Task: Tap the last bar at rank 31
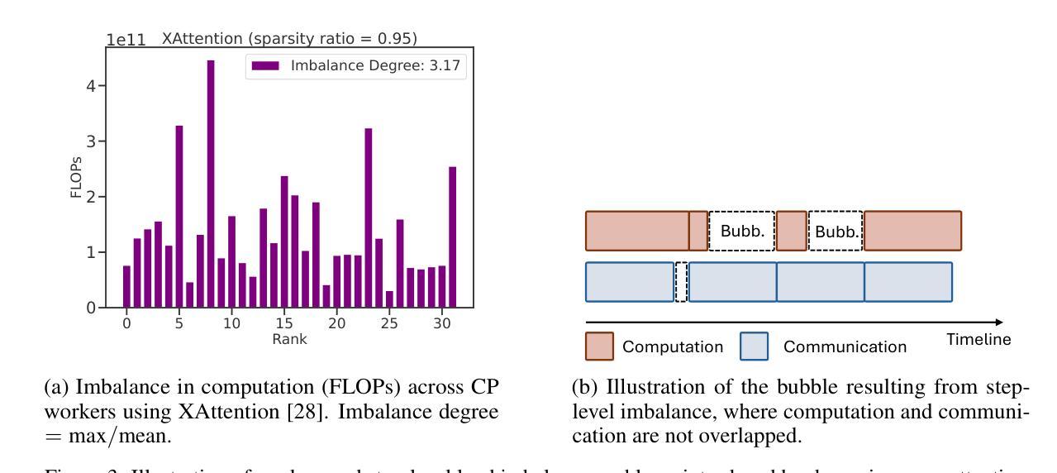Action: pyautogui.click(x=452, y=237)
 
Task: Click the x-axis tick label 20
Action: pyautogui.click(x=336, y=325)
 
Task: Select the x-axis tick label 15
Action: pyautogui.click(x=283, y=325)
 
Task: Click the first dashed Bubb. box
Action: pyautogui.click(x=741, y=231)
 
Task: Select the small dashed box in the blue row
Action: pyautogui.click(x=681, y=282)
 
